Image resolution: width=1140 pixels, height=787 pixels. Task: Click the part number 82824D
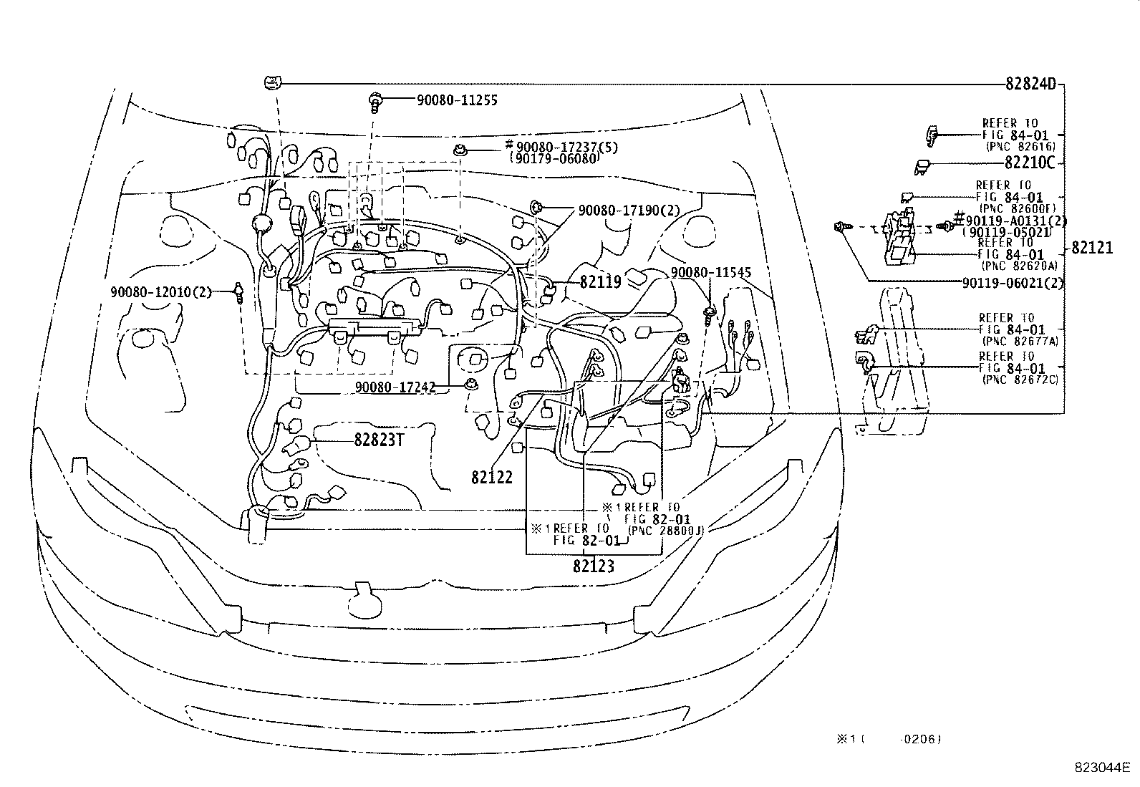click(1030, 84)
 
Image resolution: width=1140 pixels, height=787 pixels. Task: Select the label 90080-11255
click(457, 100)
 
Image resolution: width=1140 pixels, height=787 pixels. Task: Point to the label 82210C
click(1030, 163)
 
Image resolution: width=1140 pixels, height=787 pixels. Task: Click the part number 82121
click(1092, 248)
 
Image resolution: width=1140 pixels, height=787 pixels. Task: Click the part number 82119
click(600, 281)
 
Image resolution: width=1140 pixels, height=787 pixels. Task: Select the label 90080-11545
click(711, 273)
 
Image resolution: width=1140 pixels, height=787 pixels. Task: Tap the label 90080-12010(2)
click(161, 291)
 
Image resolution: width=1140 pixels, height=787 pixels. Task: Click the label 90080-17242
click(395, 387)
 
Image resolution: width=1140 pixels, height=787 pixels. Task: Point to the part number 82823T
click(380, 440)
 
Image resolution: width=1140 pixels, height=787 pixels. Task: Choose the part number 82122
click(492, 477)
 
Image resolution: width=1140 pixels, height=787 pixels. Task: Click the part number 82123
click(594, 566)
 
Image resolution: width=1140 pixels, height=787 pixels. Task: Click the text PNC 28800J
click(666, 530)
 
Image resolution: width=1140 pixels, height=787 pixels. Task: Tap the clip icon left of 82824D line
click(270, 83)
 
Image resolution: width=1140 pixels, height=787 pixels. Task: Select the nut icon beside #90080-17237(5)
click(458, 150)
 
